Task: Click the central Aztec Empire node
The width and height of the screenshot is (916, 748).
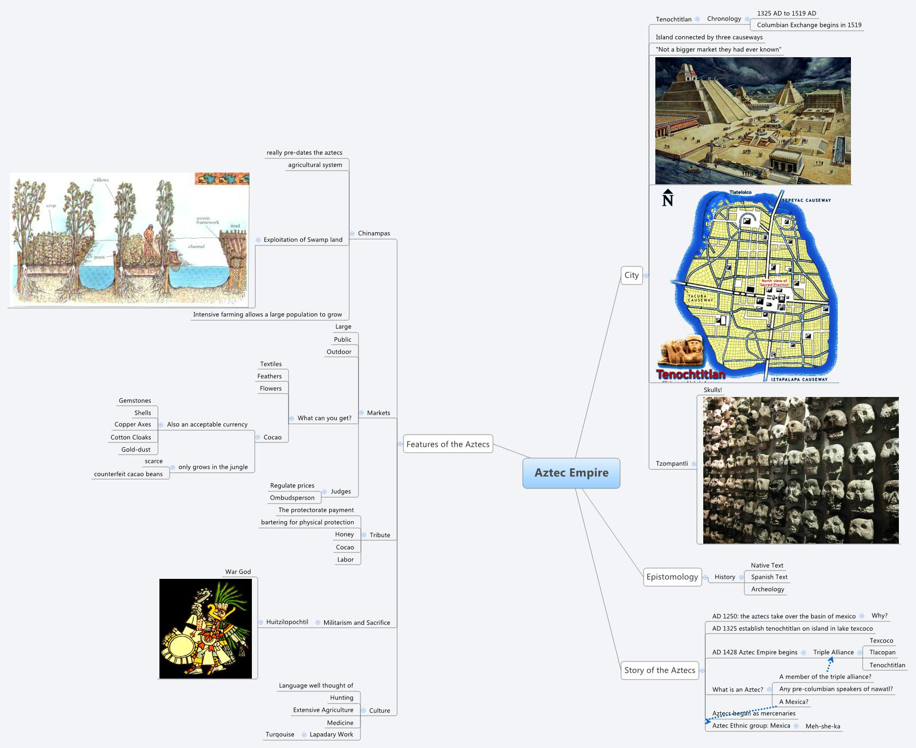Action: click(571, 473)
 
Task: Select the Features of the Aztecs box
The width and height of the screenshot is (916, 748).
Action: click(447, 444)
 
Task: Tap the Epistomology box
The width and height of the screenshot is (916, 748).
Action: click(672, 577)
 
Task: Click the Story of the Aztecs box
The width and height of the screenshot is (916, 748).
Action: click(659, 670)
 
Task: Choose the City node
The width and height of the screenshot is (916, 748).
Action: click(631, 275)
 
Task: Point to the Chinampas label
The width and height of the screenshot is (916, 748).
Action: click(374, 233)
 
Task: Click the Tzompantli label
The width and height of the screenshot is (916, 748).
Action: click(671, 463)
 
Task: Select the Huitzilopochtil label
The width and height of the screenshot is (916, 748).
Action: click(287, 622)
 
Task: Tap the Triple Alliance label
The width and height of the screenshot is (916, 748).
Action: click(833, 652)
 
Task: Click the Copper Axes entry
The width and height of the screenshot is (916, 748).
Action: click(133, 424)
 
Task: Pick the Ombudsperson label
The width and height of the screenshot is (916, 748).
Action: click(292, 498)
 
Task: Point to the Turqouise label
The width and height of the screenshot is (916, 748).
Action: click(280, 734)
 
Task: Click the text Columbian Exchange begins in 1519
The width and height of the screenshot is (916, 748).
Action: click(809, 25)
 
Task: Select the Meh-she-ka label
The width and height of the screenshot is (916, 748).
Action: click(823, 726)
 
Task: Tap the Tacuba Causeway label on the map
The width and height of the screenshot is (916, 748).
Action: click(700, 298)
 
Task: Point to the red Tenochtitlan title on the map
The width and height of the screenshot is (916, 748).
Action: click(691, 374)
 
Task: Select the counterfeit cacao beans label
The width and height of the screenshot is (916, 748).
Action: click(128, 474)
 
